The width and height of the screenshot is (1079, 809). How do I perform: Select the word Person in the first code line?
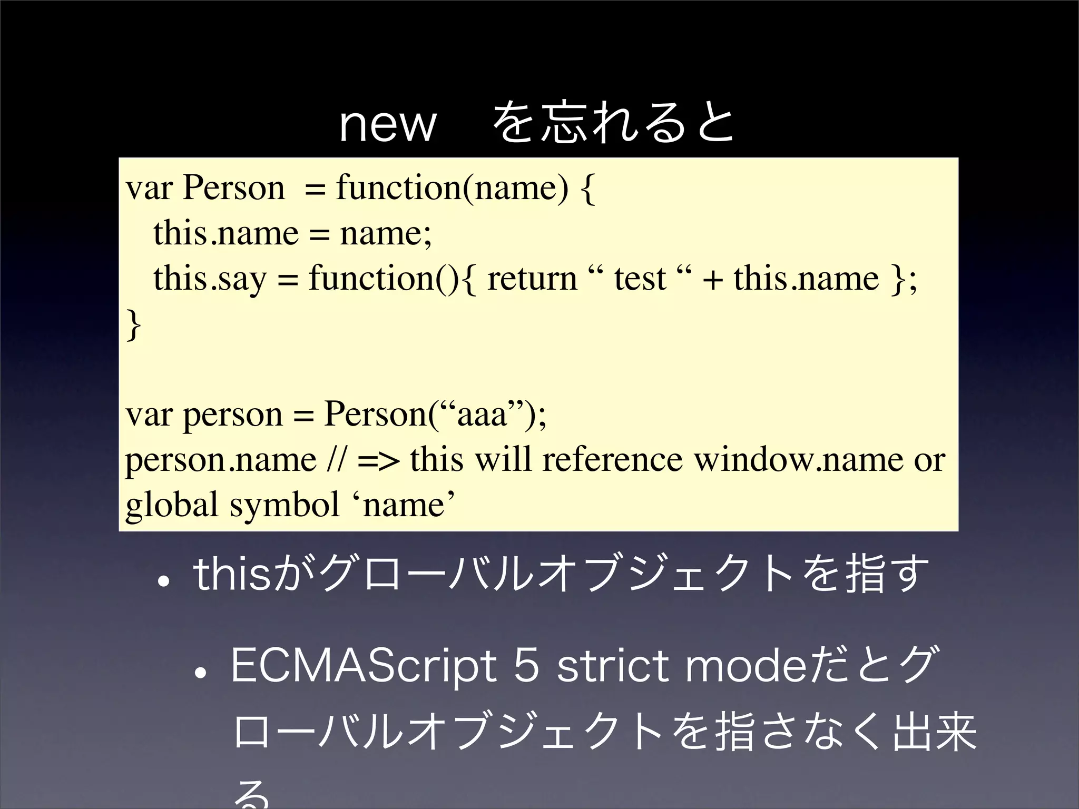tap(233, 188)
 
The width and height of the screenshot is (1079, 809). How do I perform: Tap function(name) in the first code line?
tap(452, 188)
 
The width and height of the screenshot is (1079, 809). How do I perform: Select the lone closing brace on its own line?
tap(134, 325)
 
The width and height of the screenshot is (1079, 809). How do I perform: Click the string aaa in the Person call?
tap(482, 415)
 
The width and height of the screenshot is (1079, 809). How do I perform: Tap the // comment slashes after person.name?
tap(336, 459)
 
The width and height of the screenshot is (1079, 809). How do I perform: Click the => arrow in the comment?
tap(377, 459)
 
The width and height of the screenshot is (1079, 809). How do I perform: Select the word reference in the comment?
tap(612, 459)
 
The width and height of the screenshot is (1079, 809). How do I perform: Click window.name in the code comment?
tap(798, 459)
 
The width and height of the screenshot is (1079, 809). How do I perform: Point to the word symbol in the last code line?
tap(285, 505)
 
